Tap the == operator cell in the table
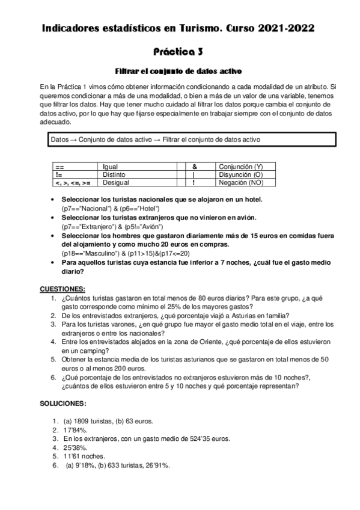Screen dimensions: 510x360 pos(59,166)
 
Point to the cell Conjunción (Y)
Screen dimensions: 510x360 pos(240,166)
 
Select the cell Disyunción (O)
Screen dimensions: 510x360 pos(241,174)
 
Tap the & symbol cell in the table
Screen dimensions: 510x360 pos(195,166)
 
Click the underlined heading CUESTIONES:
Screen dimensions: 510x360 pos(62,289)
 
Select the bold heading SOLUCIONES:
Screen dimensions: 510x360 pos(63,402)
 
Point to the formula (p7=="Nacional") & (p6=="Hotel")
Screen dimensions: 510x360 pos(108,208)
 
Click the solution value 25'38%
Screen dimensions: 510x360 pos(76,447)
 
